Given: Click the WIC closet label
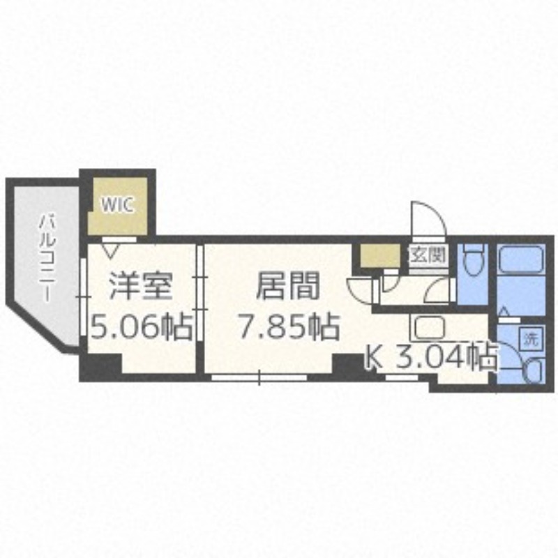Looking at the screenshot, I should pos(116,205).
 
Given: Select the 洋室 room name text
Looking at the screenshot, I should pos(139,286).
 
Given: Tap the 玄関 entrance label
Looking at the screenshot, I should pos(427,255).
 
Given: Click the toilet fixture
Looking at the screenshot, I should pos(474,261).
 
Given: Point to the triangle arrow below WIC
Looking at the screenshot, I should pos(110,246).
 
